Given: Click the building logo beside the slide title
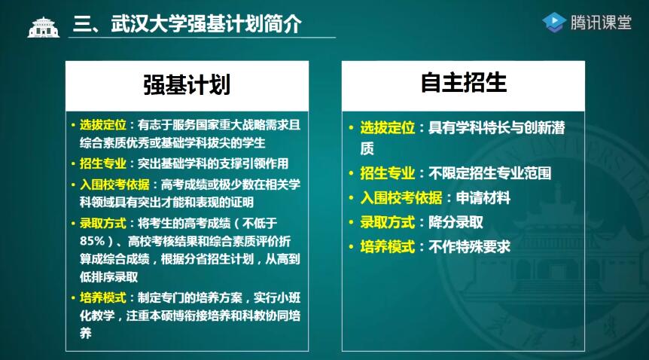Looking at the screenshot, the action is click(44, 27).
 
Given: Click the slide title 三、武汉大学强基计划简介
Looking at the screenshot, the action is click(187, 23).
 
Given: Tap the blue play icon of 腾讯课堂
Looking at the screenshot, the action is click(554, 22).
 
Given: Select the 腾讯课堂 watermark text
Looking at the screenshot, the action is click(601, 22).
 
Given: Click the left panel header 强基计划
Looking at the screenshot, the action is click(187, 85).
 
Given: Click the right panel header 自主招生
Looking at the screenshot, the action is click(464, 82).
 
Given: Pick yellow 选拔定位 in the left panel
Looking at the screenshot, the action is click(102, 125).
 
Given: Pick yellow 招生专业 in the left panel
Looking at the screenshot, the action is click(102, 163).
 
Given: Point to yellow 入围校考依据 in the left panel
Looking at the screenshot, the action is click(114, 185).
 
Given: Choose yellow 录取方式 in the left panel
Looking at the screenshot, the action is click(102, 223).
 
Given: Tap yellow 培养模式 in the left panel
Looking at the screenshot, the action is click(102, 297).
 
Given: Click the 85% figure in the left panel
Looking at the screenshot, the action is click(93, 241).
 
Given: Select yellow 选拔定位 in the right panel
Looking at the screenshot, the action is click(388, 127).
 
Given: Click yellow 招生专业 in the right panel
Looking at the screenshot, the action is click(388, 172).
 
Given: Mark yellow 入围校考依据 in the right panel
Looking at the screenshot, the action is click(401, 197).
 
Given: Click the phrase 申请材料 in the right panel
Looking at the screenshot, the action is click(483, 197).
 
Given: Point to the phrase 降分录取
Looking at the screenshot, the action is click(456, 222).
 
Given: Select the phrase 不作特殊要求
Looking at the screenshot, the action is click(469, 247).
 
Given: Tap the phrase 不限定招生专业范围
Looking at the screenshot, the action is click(489, 172).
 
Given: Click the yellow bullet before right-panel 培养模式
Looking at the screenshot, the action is click(351, 247).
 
